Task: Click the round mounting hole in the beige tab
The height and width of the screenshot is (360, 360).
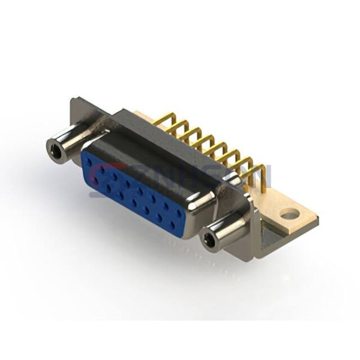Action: tap(289, 214)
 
